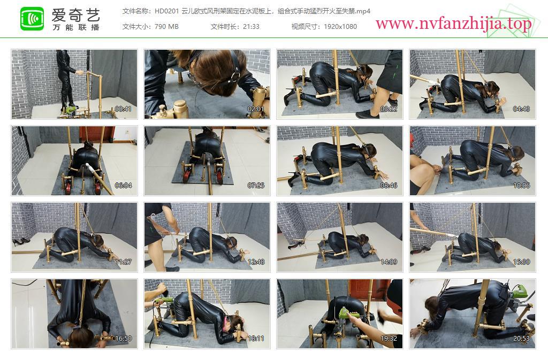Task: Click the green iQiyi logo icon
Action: coord(32,19)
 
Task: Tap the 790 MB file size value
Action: coord(166,27)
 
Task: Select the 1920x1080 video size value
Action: coord(340,27)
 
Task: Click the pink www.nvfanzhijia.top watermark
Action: coord(454,24)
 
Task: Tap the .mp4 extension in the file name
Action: coord(363,12)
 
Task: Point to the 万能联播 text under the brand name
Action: coord(76,27)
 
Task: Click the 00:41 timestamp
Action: coord(124,109)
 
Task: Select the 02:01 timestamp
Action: coord(256,109)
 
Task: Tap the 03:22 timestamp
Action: coord(389,109)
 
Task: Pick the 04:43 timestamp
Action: coord(521,109)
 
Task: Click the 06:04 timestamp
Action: coord(124,186)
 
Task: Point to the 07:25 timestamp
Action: coord(256,186)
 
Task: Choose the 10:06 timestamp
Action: coord(521,186)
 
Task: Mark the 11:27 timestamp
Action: coord(124,262)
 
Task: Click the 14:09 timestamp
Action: coord(389,262)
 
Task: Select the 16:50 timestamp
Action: coord(124,339)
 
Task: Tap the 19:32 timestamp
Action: coord(389,339)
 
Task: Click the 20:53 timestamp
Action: coord(521,339)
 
